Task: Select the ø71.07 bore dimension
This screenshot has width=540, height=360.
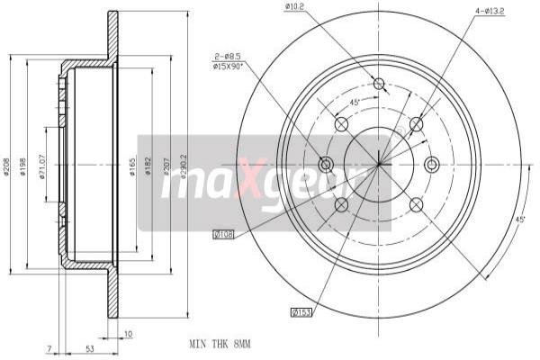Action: click(x=43, y=171)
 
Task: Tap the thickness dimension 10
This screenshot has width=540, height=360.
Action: click(x=129, y=335)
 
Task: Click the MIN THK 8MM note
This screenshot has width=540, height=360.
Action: click(x=220, y=344)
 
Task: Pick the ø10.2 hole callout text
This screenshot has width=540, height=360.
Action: click(x=295, y=8)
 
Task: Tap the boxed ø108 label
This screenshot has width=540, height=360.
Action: click(x=223, y=235)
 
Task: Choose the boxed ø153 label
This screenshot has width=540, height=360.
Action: click(x=301, y=312)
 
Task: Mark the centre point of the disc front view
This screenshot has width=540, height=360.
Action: click(x=379, y=164)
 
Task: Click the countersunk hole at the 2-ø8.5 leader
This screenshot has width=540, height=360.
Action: click(x=327, y=164)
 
